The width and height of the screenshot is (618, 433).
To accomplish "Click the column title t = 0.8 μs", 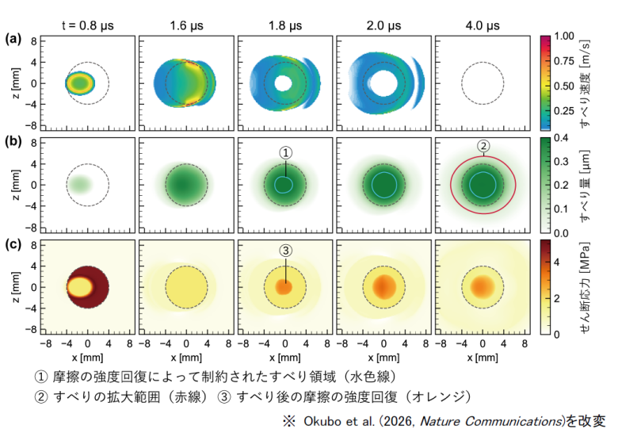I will [x=88, y=25].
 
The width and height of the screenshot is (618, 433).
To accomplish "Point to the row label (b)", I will [x=13, y=141].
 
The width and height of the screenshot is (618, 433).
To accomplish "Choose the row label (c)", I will [x=13, y=243].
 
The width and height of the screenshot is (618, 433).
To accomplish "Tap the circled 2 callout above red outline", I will [x=483, y=146].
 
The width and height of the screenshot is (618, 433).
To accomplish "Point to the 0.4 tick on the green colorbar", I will [x=562, y=137].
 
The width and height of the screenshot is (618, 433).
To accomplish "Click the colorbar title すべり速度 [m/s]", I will [x=587, y=83].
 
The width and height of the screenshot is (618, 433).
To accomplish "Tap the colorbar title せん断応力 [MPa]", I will [x=587, y=286].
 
